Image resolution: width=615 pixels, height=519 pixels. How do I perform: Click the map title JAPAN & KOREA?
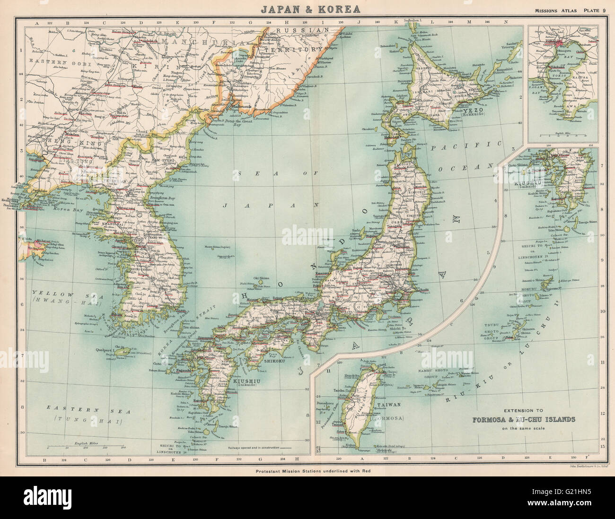click(307, 9)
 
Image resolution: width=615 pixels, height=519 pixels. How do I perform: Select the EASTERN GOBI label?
click(48, 61)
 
